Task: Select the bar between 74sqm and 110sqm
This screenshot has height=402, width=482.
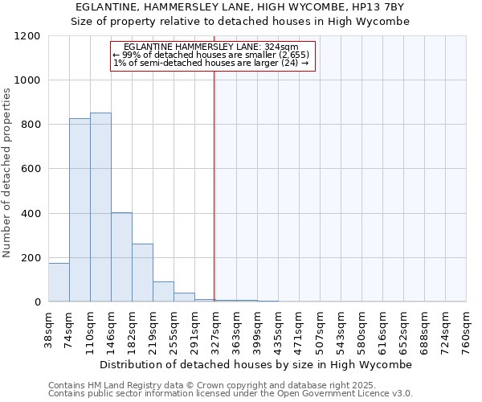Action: click(80, 210)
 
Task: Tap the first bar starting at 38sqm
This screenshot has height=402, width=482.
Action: click(59, 282)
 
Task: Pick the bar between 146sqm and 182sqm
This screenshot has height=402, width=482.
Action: click(121, 257)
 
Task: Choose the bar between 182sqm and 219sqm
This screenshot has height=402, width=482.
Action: click(142, 273)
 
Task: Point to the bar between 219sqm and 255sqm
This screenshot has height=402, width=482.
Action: click(163, 292)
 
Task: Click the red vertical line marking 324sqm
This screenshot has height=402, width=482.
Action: click(214, 185)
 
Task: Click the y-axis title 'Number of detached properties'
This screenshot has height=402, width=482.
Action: click(8, 173)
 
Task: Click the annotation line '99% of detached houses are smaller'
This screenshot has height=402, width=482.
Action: click(211, 55)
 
